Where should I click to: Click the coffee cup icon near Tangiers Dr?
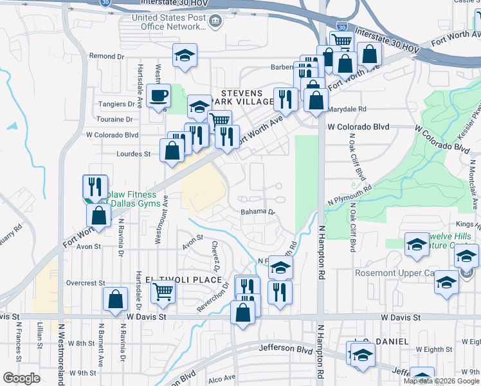[x=158, y=96]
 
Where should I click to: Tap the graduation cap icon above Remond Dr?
[x=185, y=56]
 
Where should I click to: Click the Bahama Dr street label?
[x=258, y=211]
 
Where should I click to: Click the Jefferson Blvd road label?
[x=286, y=348]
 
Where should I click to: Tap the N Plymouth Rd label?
[x=350, y=195]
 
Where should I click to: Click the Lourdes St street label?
[x=134, y=154]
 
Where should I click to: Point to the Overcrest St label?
[x=85, y=282]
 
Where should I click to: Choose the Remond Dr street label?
[x=106, y=57]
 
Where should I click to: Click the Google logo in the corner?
[x=21, y=378]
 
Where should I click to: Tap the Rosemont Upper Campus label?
[x=394, y=273]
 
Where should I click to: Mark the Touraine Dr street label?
[x=114, y=119]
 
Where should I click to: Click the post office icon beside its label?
[x=216, y=23]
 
